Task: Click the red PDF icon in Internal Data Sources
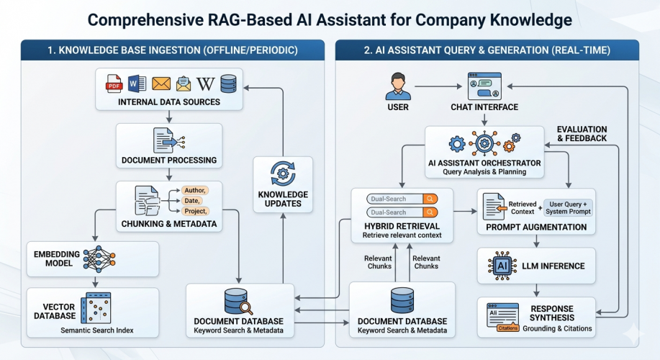point(114,84)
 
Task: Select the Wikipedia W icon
point(205,84)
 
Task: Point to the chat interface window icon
point(484,86)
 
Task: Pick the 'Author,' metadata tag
point(194,190)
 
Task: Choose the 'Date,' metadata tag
point(191,200)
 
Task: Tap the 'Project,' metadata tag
point(195,211)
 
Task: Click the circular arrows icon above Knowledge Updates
point(282,174)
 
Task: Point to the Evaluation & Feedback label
point(582,133)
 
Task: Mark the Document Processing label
point(169,160)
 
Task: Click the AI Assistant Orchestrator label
point(484,163)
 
